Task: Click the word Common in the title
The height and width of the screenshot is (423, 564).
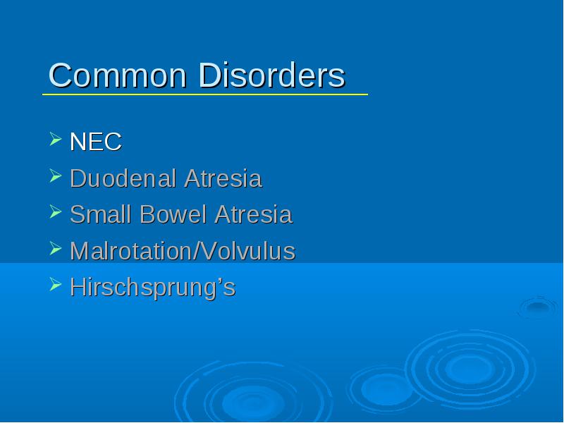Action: point(118,75)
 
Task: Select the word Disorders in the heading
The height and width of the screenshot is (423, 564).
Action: point(271,75)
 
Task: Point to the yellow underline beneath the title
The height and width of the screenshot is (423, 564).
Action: point(205,94)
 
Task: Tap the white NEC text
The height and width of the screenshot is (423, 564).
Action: point(96,142)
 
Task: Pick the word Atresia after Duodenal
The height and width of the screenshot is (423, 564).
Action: point(223,178)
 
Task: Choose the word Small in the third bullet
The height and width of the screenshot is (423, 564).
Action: point(100,214)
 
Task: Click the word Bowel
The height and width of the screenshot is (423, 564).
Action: point(173,214)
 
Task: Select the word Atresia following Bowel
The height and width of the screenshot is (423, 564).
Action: point(253,214)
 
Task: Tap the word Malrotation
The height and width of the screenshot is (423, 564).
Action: point(131,251)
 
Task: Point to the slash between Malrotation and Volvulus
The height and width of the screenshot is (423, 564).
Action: point(197,251)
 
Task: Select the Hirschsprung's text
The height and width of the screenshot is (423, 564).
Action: point(152,288)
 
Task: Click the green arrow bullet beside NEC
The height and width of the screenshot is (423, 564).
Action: point(56,139)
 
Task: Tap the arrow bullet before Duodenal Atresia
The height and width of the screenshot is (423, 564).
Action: point(56,176)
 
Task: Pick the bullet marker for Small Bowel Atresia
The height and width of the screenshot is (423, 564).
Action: point(56,211)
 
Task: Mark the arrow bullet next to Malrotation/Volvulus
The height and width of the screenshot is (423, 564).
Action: point(56,248)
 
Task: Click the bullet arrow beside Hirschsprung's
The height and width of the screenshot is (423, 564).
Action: point(56,284)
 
